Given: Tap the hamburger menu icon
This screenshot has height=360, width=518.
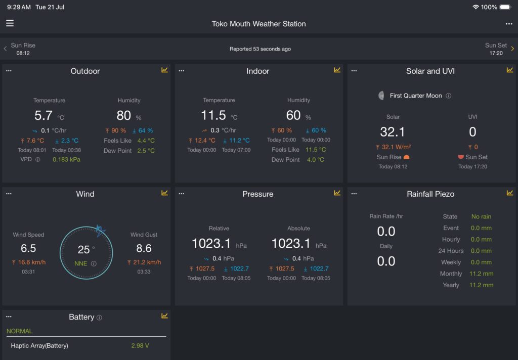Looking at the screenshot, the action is click(x=10, y=23).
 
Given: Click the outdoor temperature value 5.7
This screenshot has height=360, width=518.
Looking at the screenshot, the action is click(x=44, y=116).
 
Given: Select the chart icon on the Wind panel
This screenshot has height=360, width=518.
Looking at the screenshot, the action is click(x=164, y=193).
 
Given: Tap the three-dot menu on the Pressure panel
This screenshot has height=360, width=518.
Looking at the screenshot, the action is click(x=182, y=194).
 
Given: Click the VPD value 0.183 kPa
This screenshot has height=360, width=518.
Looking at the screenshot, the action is click(x=66, y=160).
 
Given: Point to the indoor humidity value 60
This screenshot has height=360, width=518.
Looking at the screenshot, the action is click(x=293, y=115).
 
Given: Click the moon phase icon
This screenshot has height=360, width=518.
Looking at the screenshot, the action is click(x=381, y=96).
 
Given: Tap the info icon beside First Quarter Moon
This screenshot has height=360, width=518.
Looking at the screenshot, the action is click(x=448, y=96).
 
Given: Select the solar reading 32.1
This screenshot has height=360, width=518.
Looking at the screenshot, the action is click(x=393, y=132).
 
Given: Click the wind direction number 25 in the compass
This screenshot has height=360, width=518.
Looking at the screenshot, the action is click(x=83, y=250).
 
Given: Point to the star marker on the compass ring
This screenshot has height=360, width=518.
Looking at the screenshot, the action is click(x=100, y=230).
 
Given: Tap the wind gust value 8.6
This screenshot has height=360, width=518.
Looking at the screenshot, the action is click(x=144, y=248).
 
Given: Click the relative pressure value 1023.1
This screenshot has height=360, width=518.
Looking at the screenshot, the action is click(x=211, y=244).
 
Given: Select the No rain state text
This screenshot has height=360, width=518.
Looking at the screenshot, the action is click(x=481, y=217).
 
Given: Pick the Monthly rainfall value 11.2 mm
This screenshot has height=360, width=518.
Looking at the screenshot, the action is click(x=482, y=274).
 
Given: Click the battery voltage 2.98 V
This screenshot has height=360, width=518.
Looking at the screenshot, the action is click(x=140, y=346).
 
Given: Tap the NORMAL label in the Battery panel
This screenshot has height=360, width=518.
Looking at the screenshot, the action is click(x=20, y=331).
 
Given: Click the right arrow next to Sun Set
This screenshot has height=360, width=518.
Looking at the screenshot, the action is click(x=512, y=49).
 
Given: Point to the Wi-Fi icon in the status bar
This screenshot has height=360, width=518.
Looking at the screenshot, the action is click(x=476, y=7).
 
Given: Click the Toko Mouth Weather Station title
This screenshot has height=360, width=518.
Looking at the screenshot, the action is click(x=258, y=24).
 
